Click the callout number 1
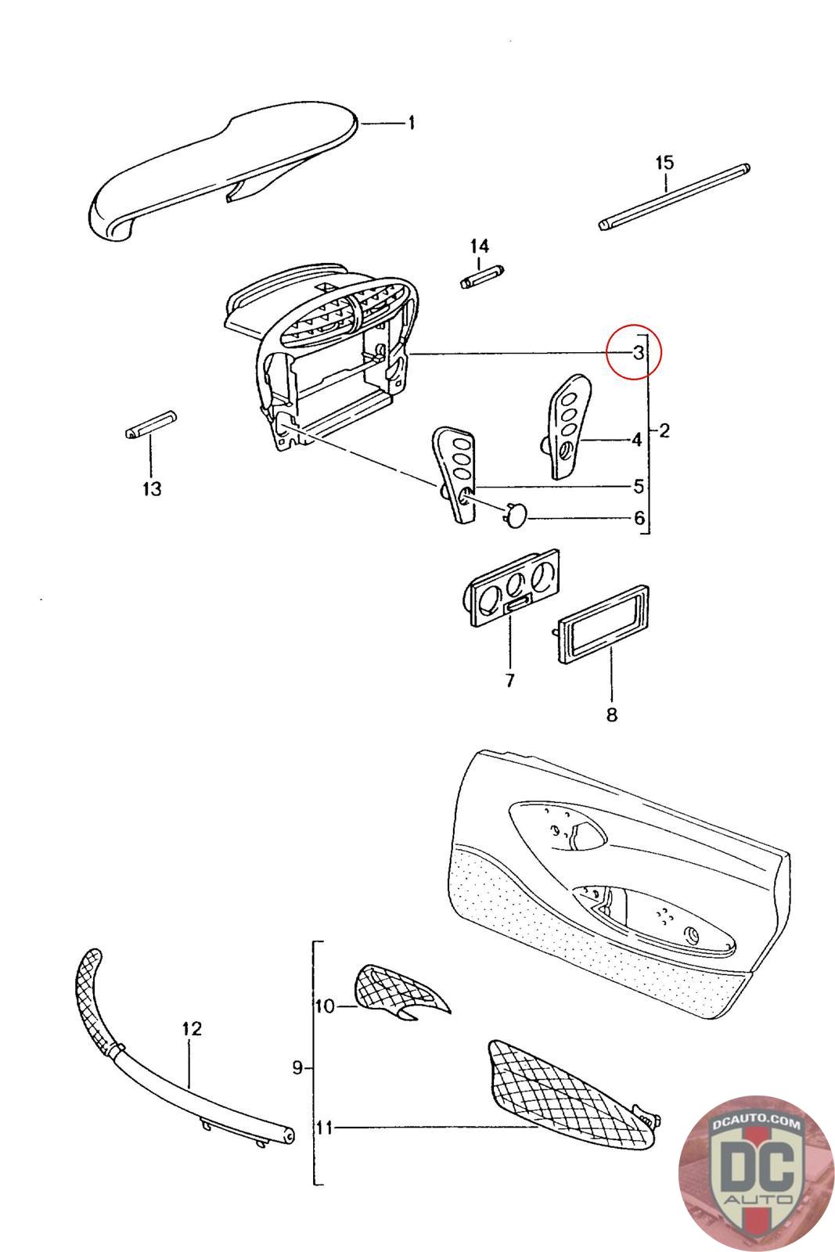411,123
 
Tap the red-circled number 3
638,352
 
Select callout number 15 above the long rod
664,163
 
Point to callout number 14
479,246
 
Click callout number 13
152,489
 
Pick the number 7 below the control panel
509,681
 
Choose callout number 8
612,714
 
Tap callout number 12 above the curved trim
192,1028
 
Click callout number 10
324,1006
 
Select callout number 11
324,1128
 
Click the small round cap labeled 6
513,515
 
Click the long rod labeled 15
675,196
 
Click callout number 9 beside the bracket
297,1067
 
